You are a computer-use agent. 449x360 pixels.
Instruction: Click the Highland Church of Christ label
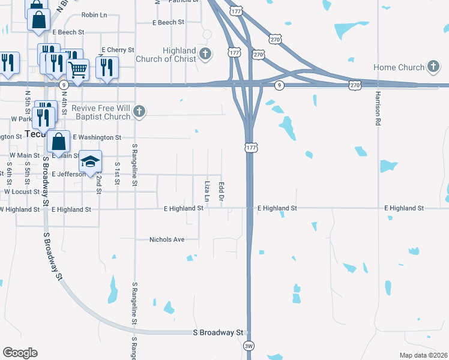175,55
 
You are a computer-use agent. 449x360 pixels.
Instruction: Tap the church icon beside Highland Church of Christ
205,55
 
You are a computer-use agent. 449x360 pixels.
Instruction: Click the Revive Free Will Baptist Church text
101,112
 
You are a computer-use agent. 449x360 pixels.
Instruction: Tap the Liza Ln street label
207,191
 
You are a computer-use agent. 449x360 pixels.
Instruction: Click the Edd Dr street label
221,191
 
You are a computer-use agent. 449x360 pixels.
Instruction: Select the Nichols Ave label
167,239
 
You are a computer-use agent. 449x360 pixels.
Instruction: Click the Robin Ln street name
94,14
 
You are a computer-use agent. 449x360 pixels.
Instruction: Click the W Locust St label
22,192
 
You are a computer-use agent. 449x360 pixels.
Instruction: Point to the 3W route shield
249,346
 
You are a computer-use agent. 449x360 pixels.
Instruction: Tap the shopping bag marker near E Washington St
59,142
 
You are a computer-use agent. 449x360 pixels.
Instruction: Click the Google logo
20,353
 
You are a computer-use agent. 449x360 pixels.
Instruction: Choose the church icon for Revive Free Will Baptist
139,111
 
